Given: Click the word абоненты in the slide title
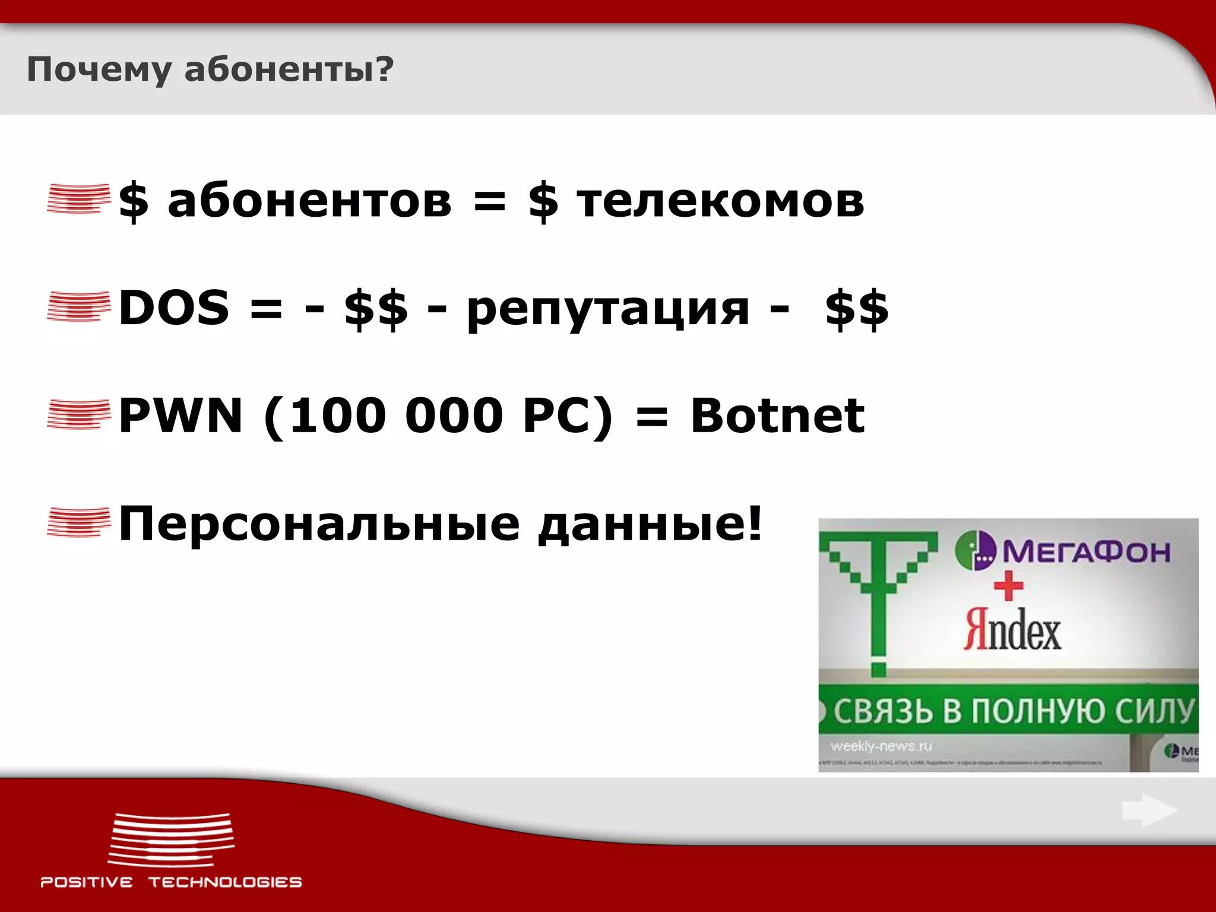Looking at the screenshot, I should pos(289,70).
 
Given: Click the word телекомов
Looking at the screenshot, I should pos(720,200).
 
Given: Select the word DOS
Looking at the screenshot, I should pos(174,307).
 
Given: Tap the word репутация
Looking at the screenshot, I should pos(608,309).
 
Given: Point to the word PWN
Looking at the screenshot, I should pos(180,415).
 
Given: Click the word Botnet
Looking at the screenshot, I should pos(777,415).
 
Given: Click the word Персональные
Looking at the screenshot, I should pos(319,524).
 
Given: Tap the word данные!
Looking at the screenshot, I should pos(650,524).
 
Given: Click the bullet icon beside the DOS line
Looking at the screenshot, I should pos(78,306).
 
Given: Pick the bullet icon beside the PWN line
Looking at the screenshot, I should pos(78,414).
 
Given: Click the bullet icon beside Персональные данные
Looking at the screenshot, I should pos(78,522).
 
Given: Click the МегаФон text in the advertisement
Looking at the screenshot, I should pos(1086,552).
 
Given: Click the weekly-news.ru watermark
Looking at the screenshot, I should pos(881,746).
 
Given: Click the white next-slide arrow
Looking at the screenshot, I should pos(1149,810).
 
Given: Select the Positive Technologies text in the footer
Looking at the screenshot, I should pos(171,882).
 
